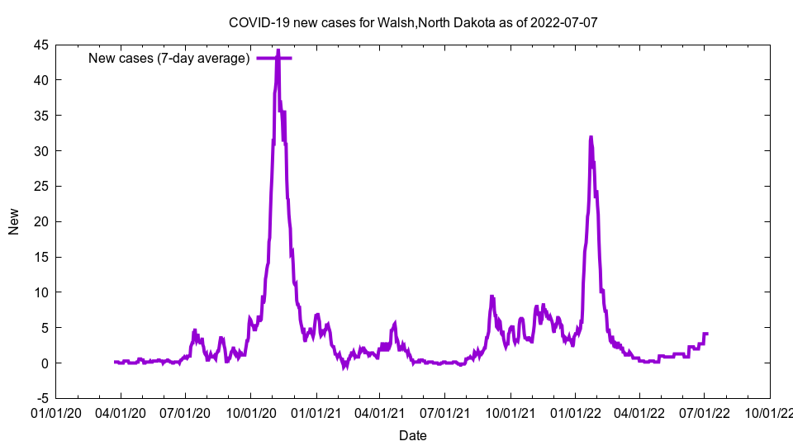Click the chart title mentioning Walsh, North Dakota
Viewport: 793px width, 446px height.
click(412, 22)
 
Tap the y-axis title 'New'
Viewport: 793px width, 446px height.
click(14, 221)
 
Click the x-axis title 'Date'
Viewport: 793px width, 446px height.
click(412, 435)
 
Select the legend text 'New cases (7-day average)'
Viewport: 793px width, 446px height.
click(169, 58)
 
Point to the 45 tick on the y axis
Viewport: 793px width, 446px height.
click(40, 45)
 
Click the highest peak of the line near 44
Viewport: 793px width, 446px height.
click(278, 51)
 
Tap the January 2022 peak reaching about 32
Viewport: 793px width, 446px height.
click(591, 137)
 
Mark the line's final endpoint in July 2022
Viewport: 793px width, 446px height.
click(707, 333)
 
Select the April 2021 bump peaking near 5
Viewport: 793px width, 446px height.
click(395, 323)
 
